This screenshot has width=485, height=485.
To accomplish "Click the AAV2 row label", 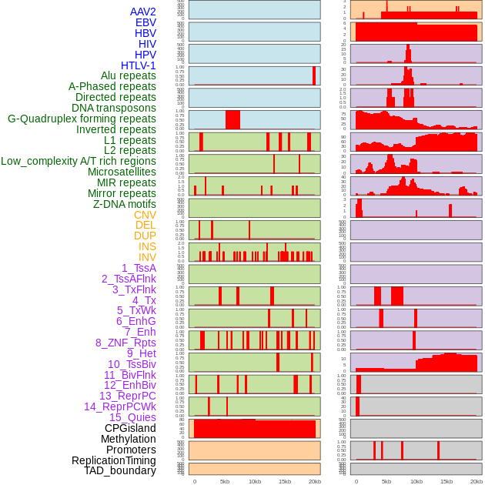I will [x=143, y=12].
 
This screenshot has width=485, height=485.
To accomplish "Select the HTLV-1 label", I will [x=139, y=65].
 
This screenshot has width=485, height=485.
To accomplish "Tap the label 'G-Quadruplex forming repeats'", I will [x=82, y=119].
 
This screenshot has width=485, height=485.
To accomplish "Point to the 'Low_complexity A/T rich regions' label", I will [x=79, y=161].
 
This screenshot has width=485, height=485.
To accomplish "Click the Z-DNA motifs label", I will [x=125, y=204].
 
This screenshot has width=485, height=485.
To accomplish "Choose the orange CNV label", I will [x=145, y=215].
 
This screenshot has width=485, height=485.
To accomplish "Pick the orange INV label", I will [x=147, y=257].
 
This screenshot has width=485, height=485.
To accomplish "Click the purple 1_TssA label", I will [x=139, y=268].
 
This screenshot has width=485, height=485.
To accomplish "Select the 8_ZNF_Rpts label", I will [x=125, y=343].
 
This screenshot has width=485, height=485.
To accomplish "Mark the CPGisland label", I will [x=130, y=428].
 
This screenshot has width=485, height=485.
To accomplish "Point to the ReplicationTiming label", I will [x=114, y=460].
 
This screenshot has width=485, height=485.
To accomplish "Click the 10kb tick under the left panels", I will [x=255, y=481].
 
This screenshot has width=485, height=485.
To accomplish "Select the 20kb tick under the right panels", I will [x=477, y=481].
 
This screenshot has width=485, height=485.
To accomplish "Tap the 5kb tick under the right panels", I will [x=386, y=481].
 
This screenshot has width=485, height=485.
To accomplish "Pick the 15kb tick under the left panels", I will [x=285, y=481].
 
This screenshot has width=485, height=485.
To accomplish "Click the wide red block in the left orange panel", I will [x=255, y=429].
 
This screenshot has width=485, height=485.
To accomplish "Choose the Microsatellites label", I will [x=122, y=172].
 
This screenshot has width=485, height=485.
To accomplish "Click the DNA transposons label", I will [x=114, y=108].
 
